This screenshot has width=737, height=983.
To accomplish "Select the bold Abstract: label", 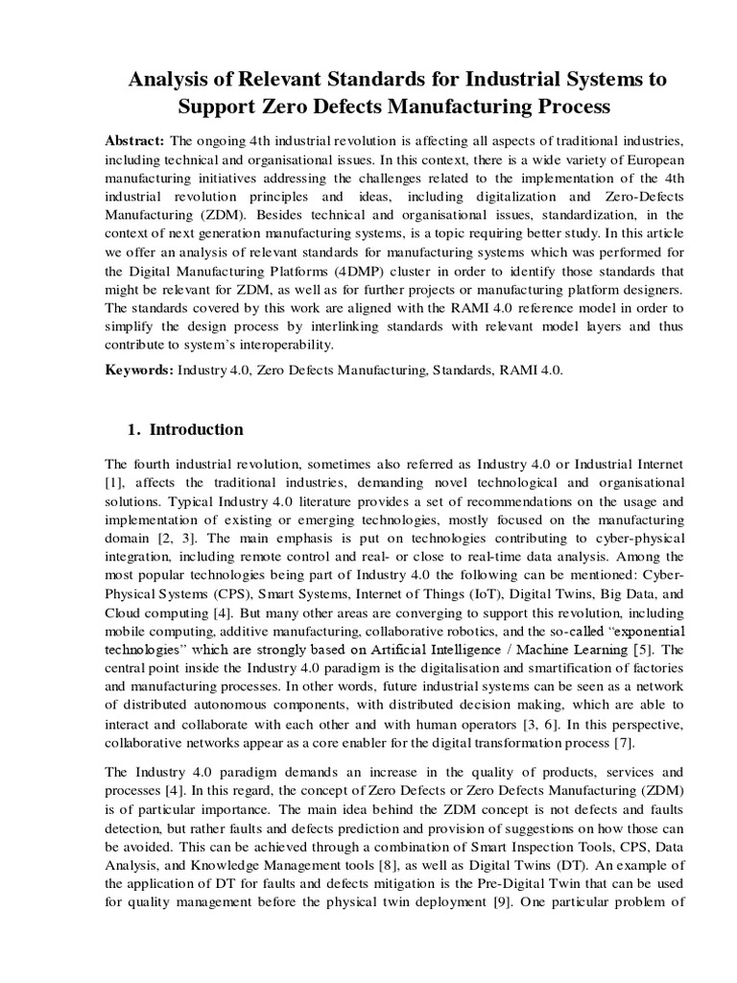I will click(134, 140).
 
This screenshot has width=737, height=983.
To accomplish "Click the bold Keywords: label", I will click(138, 370).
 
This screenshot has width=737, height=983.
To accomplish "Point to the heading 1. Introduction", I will click(185, 429).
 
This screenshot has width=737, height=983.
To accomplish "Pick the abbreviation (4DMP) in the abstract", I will click(351, 272).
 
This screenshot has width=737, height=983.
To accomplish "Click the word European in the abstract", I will click(645, 158).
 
